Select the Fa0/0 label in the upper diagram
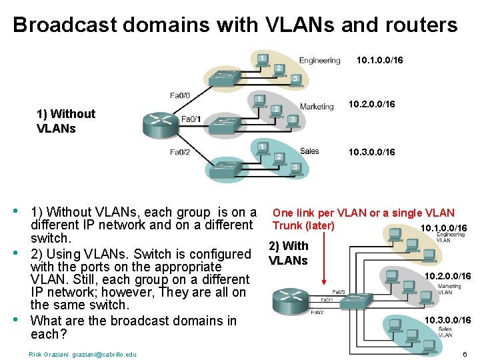(180, 96)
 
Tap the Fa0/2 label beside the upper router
(179, 152)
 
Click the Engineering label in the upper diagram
(319, 61)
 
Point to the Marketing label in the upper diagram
(317, 106)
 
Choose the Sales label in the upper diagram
(309, 151)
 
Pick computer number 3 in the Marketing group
(292, 119)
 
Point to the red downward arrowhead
(323, 282)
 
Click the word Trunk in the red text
(285, 225)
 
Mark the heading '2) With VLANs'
(288, 253)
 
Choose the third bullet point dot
(16, 319)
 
